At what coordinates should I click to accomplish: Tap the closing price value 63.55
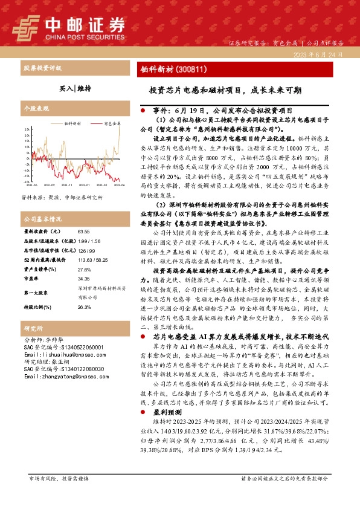83,232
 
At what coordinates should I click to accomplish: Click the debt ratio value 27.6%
84,270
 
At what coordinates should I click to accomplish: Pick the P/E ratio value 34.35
84,279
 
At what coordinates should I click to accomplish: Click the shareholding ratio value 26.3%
84,306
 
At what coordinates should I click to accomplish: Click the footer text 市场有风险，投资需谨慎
59,495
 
